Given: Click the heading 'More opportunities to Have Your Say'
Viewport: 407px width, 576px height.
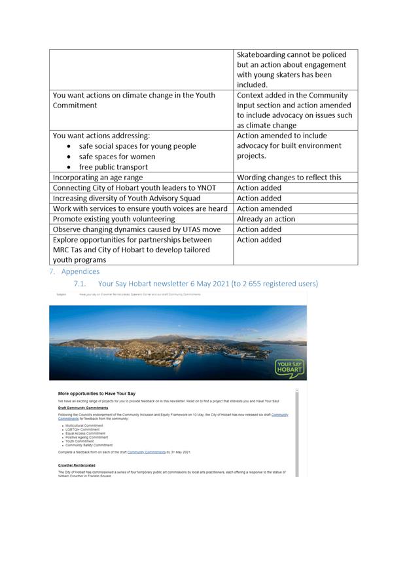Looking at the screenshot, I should click(97, 394).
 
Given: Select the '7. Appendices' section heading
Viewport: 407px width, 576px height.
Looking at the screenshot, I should click(75, 271).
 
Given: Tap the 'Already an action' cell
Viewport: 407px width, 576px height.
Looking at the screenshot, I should click(266, 219).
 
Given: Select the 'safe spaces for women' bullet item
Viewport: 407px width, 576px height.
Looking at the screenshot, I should click(117, 156).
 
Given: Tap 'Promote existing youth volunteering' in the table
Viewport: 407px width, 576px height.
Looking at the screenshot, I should click(114, 219).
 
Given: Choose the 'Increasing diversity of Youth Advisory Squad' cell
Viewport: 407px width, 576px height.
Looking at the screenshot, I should click(126, 198).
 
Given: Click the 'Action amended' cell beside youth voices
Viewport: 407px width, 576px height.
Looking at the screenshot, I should click(264, 208).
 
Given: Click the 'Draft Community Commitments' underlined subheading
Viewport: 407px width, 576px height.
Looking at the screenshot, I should click(83, 408).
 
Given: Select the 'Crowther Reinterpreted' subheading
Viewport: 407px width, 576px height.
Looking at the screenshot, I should click(77, 465).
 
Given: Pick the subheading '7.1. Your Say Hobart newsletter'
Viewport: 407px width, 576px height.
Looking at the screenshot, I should click(196, 284).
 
